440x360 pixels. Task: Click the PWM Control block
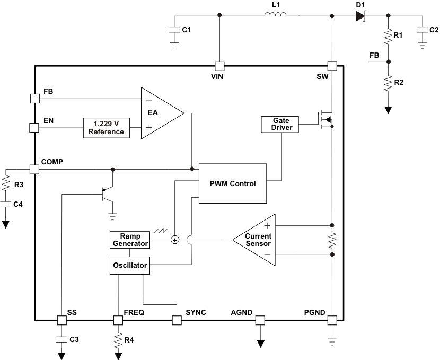[233, 183]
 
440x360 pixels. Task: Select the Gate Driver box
[279, 125]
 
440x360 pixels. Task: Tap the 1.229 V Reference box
[106, 128]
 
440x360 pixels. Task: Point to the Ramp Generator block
[129, 240]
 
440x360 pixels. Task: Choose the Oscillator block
[129, 265]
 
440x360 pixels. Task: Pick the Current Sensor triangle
[257, 240]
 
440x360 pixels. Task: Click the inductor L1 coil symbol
[275, 15]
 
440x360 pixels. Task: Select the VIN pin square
[219, 66]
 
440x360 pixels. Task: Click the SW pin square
[332, 66]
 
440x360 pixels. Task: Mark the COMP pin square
[34, 169]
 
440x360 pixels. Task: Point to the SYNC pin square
[177, 320]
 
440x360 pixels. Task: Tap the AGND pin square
[260, 320]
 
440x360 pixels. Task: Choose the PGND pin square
[332, 320]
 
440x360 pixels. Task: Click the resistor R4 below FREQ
[117, 339]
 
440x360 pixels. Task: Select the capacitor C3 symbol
[61, 338]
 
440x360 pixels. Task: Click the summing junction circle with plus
[175, 240]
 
